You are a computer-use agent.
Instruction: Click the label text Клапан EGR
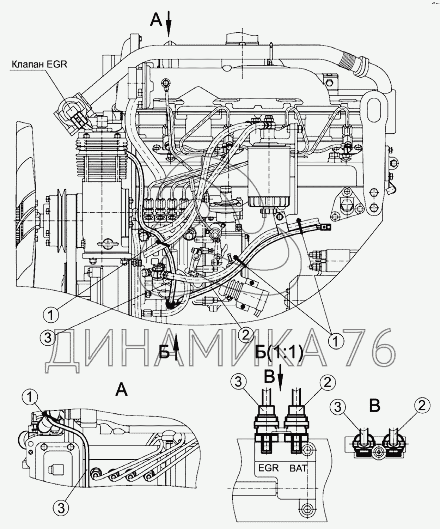39,64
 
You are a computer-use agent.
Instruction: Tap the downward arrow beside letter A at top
169,23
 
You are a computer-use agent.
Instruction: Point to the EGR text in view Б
269,468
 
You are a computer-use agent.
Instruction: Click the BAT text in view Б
298,468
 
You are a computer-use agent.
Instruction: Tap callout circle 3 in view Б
239,383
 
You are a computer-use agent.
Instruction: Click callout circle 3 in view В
338,407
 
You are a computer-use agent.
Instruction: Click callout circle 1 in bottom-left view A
31,397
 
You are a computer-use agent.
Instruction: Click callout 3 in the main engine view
48,338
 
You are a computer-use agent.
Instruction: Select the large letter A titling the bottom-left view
121,390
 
